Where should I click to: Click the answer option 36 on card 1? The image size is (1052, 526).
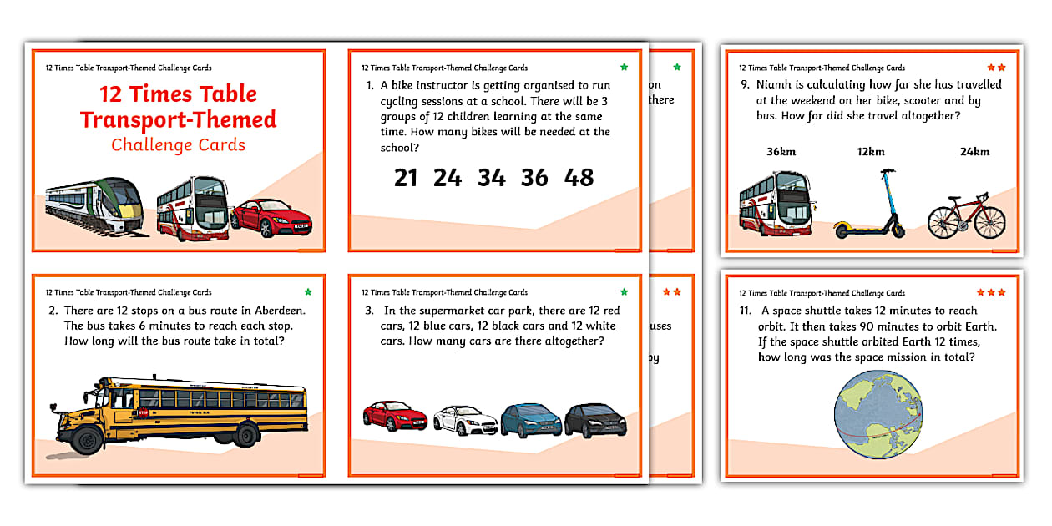click(x=535, y=177)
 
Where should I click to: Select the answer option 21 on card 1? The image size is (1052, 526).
click(x=406, y=177)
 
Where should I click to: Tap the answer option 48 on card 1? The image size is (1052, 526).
click(x=579, y=177)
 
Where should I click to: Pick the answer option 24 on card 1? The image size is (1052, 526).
click(x=448, y=177)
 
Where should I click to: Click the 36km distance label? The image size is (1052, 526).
click(x=781, y=152)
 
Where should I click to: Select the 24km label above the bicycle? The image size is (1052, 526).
click(x=951, y=152)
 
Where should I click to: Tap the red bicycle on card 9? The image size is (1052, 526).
click(x=967, y=215)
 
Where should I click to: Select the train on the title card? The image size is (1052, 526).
click(x=94, y=205)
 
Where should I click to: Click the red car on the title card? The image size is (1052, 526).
click(x=272, y=218)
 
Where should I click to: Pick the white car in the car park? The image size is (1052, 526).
click(x=464, y=420)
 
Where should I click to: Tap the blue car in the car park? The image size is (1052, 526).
click(x=531, y=420)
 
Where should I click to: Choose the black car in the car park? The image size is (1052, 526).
click(x=594, y=420)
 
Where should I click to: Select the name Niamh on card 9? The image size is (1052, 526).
click(x=776, y=84)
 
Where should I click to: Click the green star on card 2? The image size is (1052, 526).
click(x=308, y=292)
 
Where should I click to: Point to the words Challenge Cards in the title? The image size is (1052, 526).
click(x=178, y=145)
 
